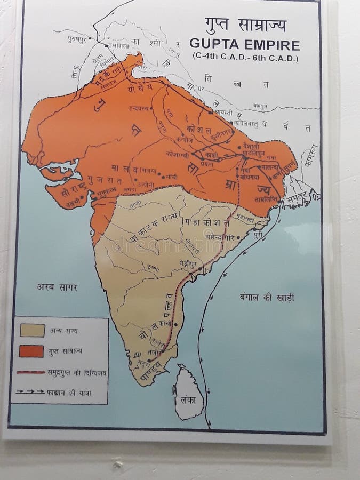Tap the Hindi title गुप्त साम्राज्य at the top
tap(245, 26)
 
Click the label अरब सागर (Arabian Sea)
tap(57, 287)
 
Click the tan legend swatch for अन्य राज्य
tap(31, 330)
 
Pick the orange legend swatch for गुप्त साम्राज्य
tap(31, 351)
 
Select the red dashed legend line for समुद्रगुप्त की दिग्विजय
tap(31, 372)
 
